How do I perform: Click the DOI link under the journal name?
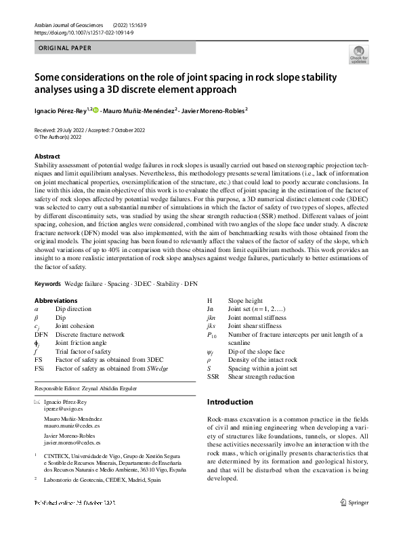tap(79, 32)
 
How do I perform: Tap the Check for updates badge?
tap(358, 55)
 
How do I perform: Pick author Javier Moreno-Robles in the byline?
tap(213, 110)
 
